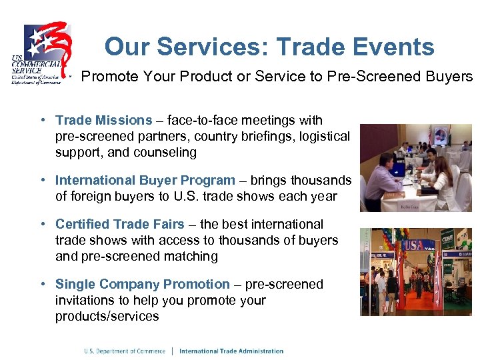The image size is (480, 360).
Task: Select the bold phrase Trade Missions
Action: point(104,121)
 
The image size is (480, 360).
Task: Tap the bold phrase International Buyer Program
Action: point(145,181)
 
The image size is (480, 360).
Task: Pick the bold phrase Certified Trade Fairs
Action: point(120,225)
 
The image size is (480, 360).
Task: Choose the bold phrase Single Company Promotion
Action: point(143,285)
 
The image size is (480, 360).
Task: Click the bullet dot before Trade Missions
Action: point(42,121)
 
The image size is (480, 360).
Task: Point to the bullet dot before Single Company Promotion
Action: point(42,285)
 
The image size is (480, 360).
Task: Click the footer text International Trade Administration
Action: point(231,351)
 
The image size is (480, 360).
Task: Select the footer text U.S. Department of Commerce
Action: point(125,351)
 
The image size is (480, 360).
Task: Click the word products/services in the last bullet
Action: point(107,317)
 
